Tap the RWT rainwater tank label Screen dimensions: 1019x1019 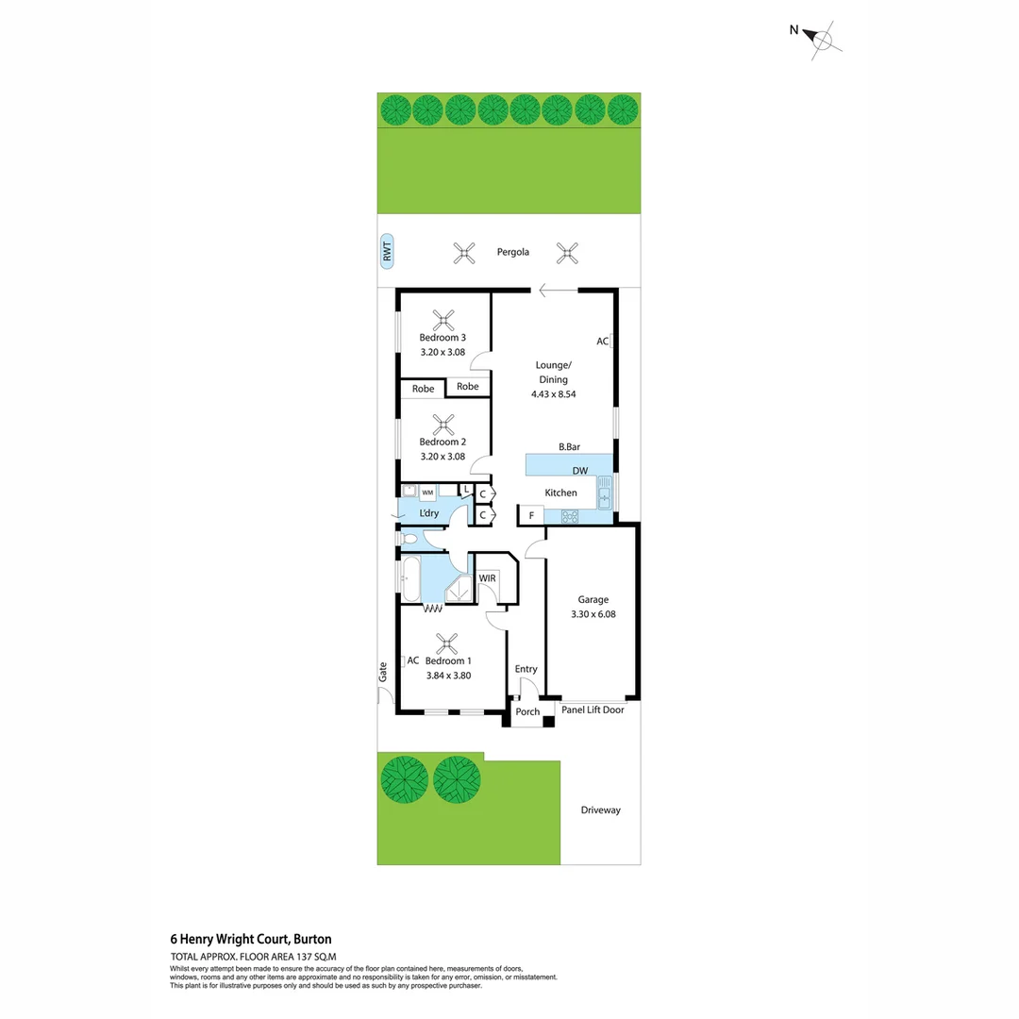point(385,252)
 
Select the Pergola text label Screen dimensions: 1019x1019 point(513,252)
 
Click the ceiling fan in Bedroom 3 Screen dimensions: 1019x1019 point(443,318)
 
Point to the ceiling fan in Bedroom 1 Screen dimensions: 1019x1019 point(443,643)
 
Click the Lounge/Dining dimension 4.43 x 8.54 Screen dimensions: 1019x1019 point(553,393)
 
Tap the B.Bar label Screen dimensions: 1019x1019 point(569,447)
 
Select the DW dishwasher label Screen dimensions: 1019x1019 point(579,471)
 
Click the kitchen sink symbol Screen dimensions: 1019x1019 point(604,492)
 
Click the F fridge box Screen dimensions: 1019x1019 point(531,516)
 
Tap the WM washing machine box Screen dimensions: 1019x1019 point(427,493)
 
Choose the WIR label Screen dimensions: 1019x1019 point(488,577)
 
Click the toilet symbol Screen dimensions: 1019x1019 point(409,539)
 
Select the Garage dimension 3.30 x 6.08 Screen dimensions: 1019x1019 point(593,614)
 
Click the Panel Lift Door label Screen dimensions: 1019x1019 point(593,710)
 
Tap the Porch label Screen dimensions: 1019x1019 point(527,711)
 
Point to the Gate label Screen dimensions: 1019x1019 point(383,672)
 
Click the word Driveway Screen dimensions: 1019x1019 point(600,810)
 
